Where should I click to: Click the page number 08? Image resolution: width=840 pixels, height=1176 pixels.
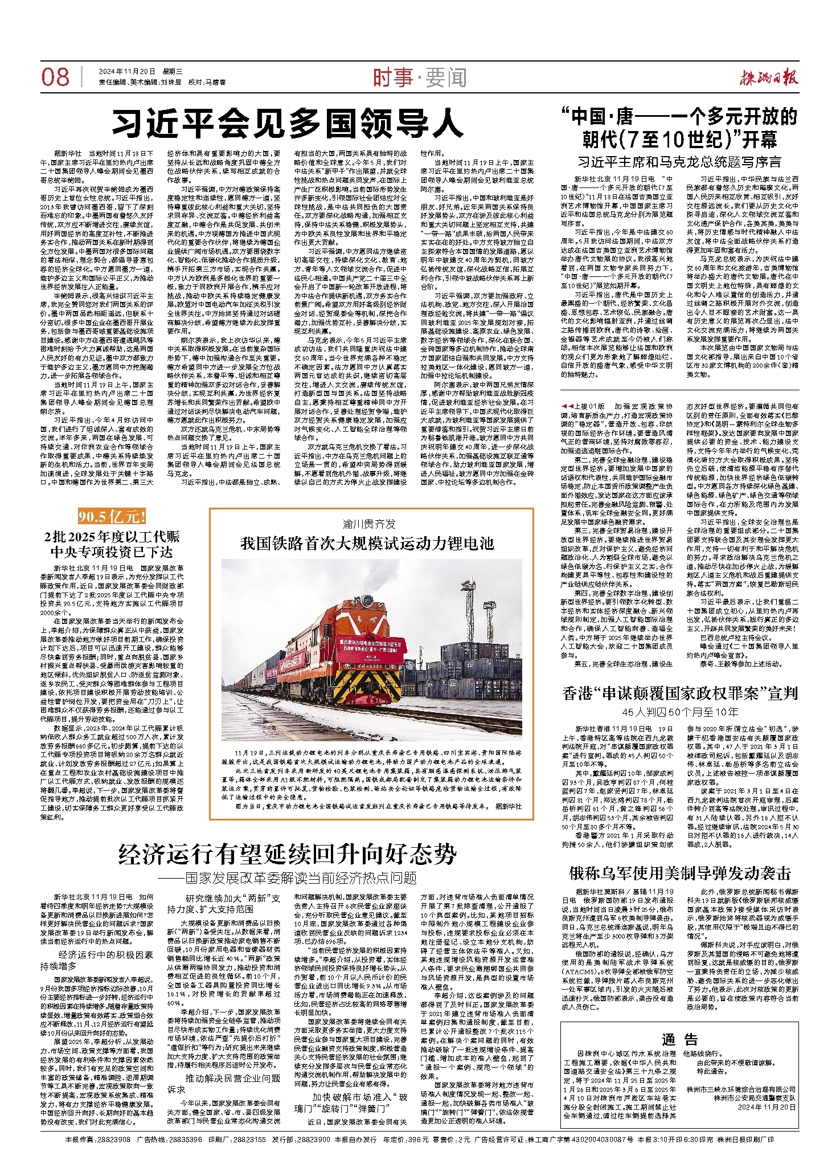(x=55, y=77)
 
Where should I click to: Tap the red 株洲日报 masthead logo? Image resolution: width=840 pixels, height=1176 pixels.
(x=769, y=77)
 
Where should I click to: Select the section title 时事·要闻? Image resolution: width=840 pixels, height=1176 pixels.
(x=420, y=77)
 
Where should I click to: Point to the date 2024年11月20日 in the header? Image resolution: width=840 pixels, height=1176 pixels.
(x=126, y=72)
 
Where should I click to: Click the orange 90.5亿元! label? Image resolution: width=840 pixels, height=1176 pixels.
(x=112, y=517)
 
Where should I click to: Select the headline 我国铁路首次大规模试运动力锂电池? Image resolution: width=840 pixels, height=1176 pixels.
(x=367, y=544)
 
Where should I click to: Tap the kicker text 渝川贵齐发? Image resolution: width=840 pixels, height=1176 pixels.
(x=368, y=524)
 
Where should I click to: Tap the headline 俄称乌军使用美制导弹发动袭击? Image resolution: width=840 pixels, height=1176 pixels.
(x=680, y=873)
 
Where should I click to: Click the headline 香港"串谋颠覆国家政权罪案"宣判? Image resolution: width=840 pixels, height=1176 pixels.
(x=680, y=693)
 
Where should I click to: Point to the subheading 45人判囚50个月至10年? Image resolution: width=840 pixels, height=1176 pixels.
(x=680, y=712)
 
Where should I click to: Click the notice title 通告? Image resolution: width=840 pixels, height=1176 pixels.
(x=680, y=1039)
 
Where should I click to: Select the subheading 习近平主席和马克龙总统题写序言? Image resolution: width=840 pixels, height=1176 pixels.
(x=680, y=162)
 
